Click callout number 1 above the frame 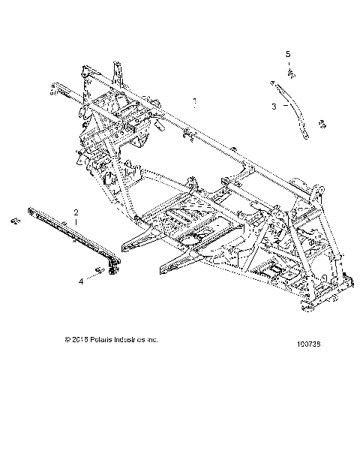193,99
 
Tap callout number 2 75,212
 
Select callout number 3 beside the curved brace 274,107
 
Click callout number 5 287,54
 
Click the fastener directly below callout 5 289,74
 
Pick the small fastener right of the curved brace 322,123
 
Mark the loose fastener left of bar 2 13,222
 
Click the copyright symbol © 68,339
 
